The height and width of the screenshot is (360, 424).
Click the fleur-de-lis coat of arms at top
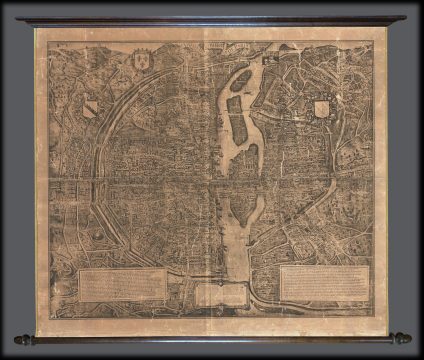pos(142,61)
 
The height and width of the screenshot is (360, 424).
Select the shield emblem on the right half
pos(321,108)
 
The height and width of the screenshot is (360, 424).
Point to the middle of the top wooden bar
pos(212,20)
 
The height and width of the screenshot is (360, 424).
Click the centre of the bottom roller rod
pos(212,339)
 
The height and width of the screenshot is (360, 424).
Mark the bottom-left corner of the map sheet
pos(38,332)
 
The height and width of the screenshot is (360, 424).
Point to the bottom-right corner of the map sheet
pos(386,332)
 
